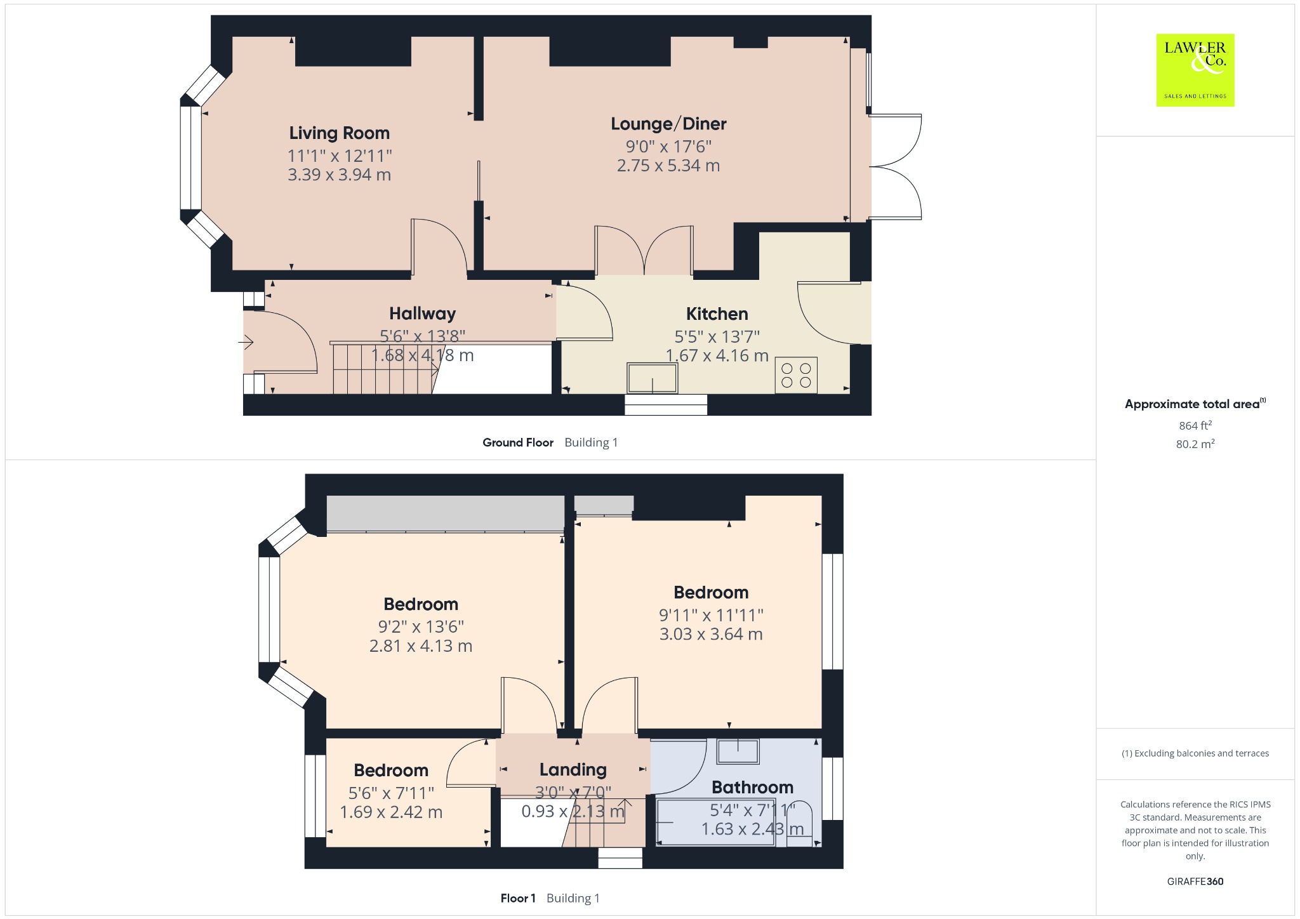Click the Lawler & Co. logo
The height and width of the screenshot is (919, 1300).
tap(1195, 70)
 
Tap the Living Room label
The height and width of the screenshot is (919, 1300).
tap(340, 133)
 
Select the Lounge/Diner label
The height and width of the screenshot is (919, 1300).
tap(668, 124)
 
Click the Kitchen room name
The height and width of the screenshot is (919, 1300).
tap(717, 314)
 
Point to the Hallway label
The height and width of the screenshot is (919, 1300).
tap(422, 314)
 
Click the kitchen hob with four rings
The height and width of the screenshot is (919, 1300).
tap(796, 375)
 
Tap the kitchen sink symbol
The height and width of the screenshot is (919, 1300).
tap(652, 378)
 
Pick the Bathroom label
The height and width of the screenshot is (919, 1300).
tap(752, 788)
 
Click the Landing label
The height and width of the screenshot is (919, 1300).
tap(573, 770)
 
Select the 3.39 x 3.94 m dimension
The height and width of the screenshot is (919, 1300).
tap(340, 175)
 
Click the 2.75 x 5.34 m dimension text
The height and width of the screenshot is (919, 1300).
tap(668, 166)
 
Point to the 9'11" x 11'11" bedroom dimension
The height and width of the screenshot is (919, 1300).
tap(711, 615)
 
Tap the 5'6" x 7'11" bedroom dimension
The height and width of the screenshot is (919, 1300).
tap(391, 793)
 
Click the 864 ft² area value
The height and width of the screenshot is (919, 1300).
tap(1195, 425)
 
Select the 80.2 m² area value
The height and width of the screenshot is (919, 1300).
tap(1195, 444)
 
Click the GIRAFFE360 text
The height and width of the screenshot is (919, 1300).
tap(1195, 881)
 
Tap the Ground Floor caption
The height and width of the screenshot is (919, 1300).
tap(518, 442)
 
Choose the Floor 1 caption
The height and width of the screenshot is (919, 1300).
tap(518, 898)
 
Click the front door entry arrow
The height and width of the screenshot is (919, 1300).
tap(246, 343)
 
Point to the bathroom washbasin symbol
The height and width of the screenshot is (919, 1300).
tap(738, 751)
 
